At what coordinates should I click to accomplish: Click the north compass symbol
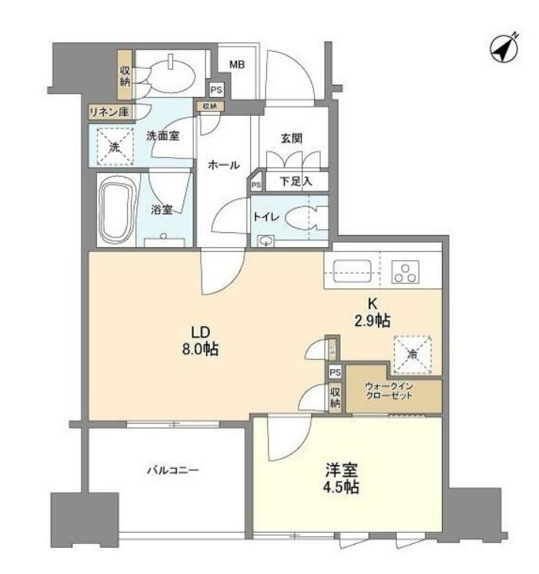504,48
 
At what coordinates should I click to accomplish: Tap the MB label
237,65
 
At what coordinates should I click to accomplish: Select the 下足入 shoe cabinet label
295,181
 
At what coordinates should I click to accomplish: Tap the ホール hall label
223,165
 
